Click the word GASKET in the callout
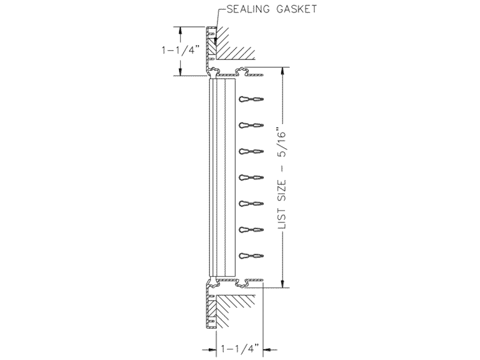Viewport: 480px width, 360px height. click(x=296, y=9)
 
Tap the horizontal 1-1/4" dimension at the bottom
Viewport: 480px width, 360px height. click(x=240, y=349)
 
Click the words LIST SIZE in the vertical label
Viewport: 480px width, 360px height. click(x=281, y=204)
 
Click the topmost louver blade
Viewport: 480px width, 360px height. click(x=251, y=99)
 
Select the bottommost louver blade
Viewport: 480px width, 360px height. click(x=251, y=256)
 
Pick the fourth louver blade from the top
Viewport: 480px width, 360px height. click(x=251, y=178)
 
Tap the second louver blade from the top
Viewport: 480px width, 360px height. click(x=251, y=125)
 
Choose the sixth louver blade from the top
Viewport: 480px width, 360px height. click(x=251, y=230)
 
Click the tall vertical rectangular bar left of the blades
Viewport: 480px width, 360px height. click(x=222, y=178)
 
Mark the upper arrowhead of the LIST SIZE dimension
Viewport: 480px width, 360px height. click(x=283, y=71)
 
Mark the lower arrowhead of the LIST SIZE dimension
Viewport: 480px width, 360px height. click(x=283, y=283)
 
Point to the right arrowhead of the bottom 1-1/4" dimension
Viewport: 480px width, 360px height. click(x=268, y=349)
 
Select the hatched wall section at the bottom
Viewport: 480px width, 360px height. click(x=234, y=312)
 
